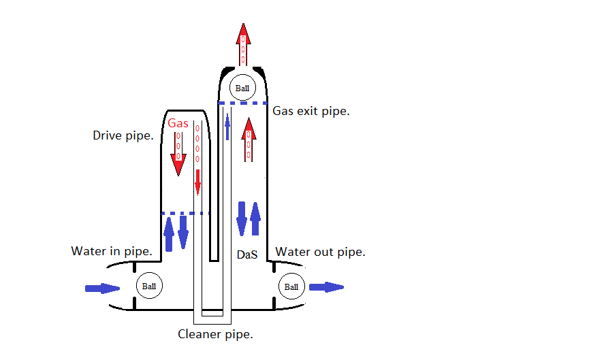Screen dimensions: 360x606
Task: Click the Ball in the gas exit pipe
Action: click(x=243, y=88)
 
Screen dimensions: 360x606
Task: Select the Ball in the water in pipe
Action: click(x=148, y=287)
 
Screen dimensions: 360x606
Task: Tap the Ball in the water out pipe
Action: click(x=291, y=287)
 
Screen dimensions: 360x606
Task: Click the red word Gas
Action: click(x=178, y=123)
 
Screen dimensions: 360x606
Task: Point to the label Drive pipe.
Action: click(x=123, y=135)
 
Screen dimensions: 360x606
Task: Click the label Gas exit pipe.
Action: click(x=311, y=110)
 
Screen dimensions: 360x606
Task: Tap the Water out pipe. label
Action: click(x=320, y=252)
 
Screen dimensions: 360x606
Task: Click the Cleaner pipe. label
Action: click(x=215, y=334)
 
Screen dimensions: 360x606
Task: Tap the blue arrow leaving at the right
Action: click(x=326, y=287)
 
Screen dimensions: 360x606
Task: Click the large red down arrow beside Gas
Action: click(x=178, y=154)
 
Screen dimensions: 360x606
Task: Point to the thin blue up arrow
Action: click(x=227, y=127)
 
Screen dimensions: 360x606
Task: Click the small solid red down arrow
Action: click(x=198, y=182)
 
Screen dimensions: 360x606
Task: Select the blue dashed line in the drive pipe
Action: click(x=185, y=214)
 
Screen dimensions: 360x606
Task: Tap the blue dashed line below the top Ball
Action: click(x=242, y=103)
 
